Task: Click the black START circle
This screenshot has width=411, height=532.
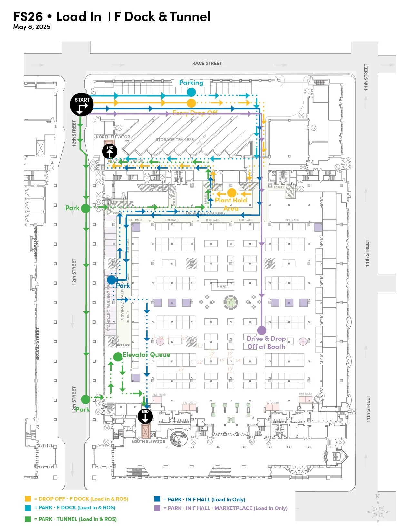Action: (x=82, y=105)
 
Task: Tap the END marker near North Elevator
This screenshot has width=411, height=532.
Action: (x=110, y=151)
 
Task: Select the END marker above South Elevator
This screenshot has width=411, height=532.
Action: (x=145, y=416)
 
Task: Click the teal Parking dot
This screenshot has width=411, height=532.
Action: (x=191, y=92)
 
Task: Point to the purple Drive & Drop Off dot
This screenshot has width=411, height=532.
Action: (x=262, y=330)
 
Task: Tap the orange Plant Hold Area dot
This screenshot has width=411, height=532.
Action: (x=231, y=193)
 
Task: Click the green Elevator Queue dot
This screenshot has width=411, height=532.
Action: (x=118, y=357)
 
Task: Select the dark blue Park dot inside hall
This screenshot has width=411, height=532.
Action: (x=112, y=280)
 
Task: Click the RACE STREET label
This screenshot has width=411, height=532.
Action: (x=207, y=63)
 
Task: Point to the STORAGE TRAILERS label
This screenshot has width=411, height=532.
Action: (x=175, y=140)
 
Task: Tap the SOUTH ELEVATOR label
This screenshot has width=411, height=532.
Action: (x=148, y=441)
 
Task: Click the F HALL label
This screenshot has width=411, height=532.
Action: (x=223, y=286)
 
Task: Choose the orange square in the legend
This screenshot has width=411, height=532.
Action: (x=28, y=498)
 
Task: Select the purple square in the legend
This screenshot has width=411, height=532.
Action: (x=157, y=508)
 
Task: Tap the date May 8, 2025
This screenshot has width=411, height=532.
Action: (x=32, y=27)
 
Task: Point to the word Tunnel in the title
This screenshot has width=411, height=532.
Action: (x=190, y=16)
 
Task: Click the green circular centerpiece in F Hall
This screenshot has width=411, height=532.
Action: (x=230, y=302)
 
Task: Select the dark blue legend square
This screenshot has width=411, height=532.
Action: (x=157, y=499)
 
